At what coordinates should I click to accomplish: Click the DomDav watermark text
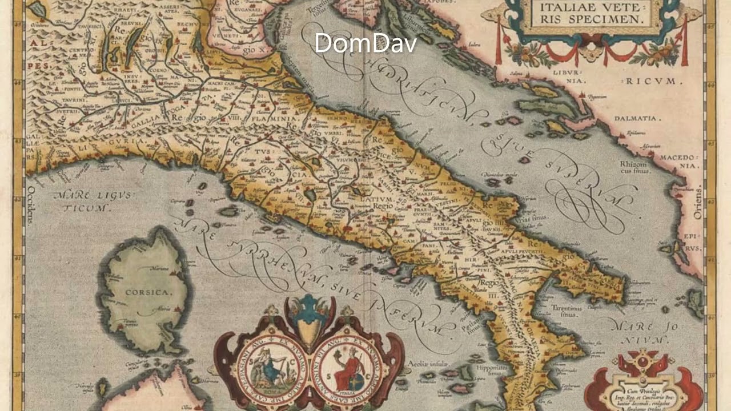pyautogui.click(x=365, y=43)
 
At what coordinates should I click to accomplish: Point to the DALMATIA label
pyautogui.click(x=634, y=119)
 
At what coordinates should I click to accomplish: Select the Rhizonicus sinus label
pyautogui.click(x=633, y=167)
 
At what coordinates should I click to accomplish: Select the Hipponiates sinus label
pyautogui.click(x=492, y=371)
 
